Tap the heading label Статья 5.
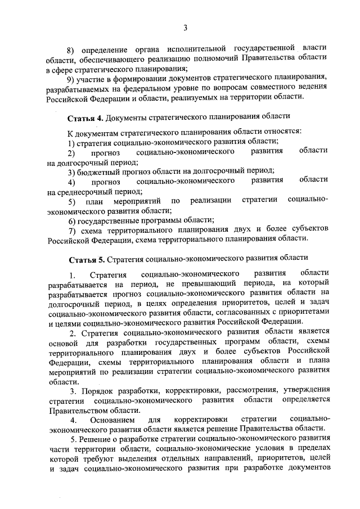click(87, 259)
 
